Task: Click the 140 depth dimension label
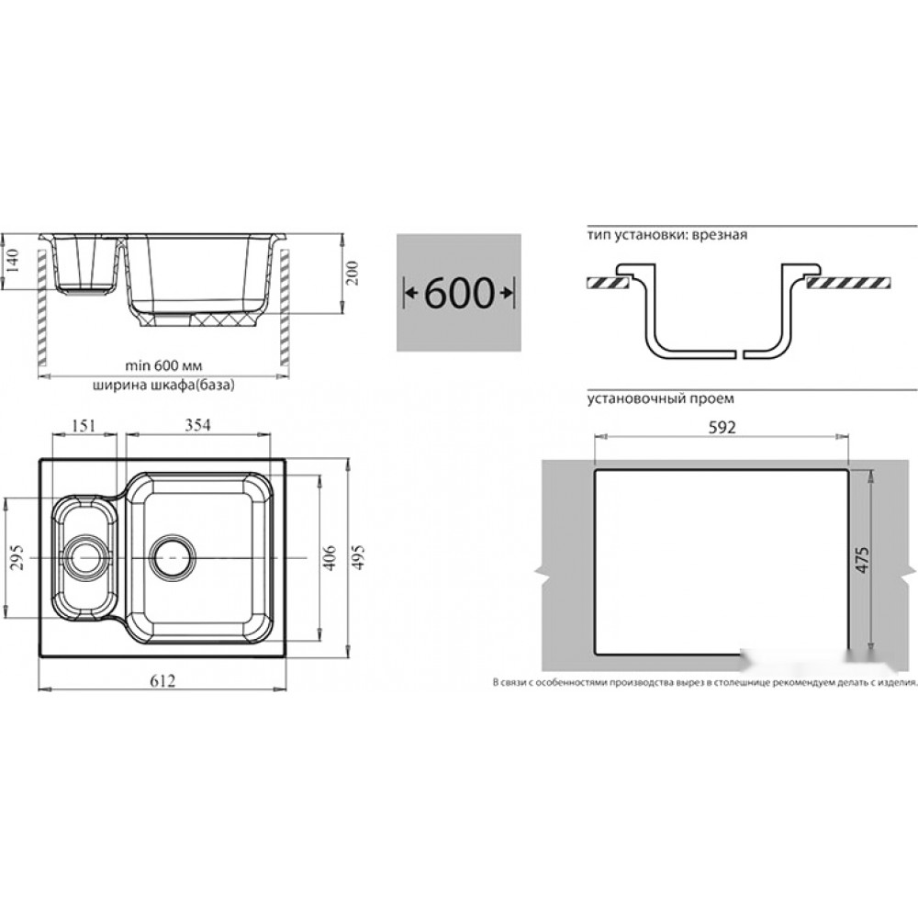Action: click(14, 260)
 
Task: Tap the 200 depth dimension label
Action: click(352, 273)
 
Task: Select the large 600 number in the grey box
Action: click(459, 293)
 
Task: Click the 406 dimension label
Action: click(330, 558)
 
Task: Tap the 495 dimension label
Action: click(358, 557)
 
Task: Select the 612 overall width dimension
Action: click(162, 680)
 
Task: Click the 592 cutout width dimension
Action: click(722, 428)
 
